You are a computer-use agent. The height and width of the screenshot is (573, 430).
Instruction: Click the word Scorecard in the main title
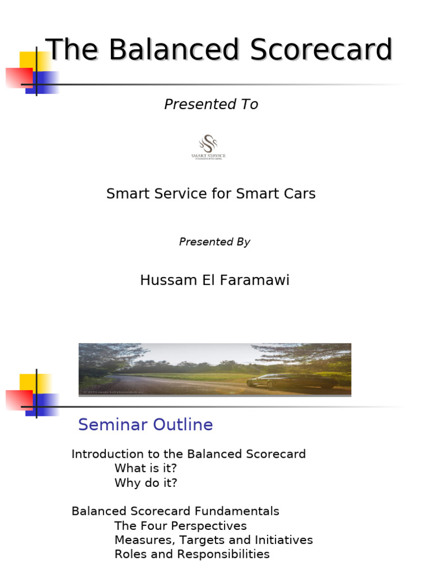point(321,50)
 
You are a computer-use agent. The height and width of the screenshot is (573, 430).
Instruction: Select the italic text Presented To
point(211,105)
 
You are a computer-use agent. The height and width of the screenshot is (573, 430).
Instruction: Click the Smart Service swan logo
point(208,147)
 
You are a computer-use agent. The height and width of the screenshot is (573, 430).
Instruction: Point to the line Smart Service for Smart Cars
point(211,194)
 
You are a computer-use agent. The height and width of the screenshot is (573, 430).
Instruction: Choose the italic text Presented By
point(214,242)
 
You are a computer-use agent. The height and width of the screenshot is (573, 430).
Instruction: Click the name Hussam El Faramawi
point(214,280)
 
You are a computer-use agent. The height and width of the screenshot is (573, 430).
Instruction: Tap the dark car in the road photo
point(291,381)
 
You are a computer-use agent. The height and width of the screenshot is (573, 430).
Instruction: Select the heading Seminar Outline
point(146,425)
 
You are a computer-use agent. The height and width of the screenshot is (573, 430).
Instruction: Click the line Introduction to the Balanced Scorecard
point(189,454)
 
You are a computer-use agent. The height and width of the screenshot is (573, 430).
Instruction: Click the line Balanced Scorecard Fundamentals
point(175,511)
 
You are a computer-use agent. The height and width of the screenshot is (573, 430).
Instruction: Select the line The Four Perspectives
point(180,526)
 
